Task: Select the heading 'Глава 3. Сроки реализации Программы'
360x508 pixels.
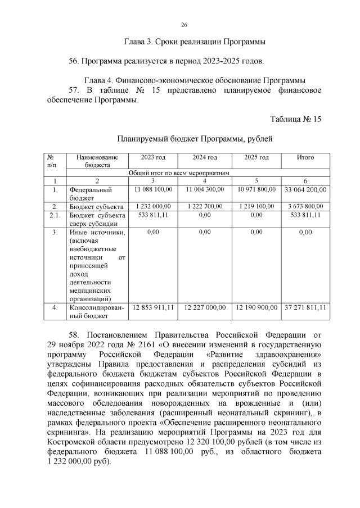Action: pos(194,42)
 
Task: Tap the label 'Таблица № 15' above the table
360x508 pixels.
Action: pos(295,119)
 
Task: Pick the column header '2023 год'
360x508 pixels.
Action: pos(153,157)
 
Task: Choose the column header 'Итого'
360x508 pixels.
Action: pos(305,157)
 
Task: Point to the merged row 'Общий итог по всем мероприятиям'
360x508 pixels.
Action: pos(179,173)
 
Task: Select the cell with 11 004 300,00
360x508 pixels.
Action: pos(204,189)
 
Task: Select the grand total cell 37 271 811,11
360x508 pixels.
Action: pos(305,307)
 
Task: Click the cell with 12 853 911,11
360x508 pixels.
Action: pos(153,307)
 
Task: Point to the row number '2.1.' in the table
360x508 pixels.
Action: pos(55,215)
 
